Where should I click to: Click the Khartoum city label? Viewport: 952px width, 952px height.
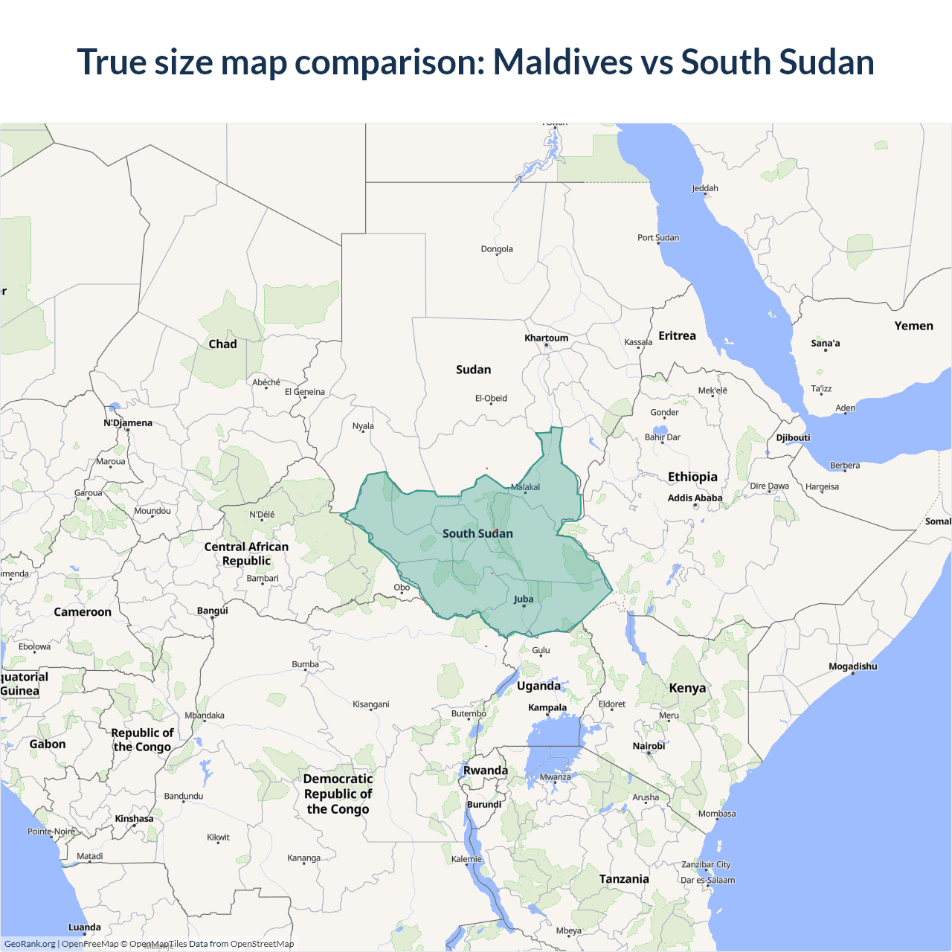click(546, 338)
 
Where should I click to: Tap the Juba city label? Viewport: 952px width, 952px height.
click(524, 599)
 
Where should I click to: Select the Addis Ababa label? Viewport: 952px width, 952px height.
click(695, 498)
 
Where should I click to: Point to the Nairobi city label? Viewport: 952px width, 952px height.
click(649, 746)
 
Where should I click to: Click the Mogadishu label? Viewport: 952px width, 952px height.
click(852, 666)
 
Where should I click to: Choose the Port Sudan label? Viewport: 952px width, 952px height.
click(657, 238)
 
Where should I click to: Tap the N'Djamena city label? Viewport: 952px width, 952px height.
click(128, 423)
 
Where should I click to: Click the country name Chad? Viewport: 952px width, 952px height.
click(222, 344)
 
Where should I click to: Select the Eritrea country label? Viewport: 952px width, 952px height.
click(677, 336)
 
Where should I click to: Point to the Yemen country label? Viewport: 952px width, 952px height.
click(913, 326)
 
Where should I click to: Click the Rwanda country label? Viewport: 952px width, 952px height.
click(485, 771)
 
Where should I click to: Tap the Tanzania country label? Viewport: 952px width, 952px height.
click(624, 879)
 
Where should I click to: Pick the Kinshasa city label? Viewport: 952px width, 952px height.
click(134, 819)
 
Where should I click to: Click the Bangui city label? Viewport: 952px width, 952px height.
click(213, 611)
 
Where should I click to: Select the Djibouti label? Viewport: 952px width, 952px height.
click(793, 437)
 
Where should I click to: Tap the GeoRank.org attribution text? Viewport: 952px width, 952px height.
click(30, 944)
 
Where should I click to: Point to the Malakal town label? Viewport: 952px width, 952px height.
click(525, 487)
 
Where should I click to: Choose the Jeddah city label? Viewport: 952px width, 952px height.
click(704, 188)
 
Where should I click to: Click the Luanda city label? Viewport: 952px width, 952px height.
click(85, 927)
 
